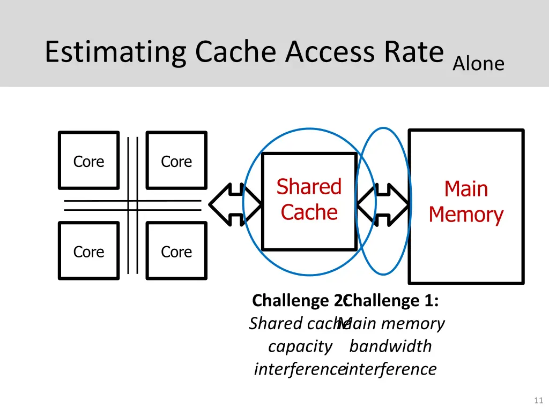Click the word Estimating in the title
pyautogui.click(x=116, y=52)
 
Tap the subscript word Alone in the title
pyautogui.click(x=478, y=64)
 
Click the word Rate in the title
pyautogui.click(x=413, y=52)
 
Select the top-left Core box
pyautogui.click(x=88, y=161)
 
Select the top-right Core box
pyautogui.click(x=176, y=161)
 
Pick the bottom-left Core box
pyautogui.click(x=88, y=251)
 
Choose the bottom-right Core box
pyautogui.click(x=176, y=251)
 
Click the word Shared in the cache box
pyautogui.click(x=309, y=187)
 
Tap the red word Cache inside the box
pyautogui.click(x=309, y=212)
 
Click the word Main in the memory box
pyautogui.click(x=466, y=189)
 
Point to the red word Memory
pyautogui.click(x=466, y=215)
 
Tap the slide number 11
pyautogui.click(x=539, y=400)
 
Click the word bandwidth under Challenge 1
pyautogui.click(x=390, y=346)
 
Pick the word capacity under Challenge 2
pyautogui.click(x=300, y=346)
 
